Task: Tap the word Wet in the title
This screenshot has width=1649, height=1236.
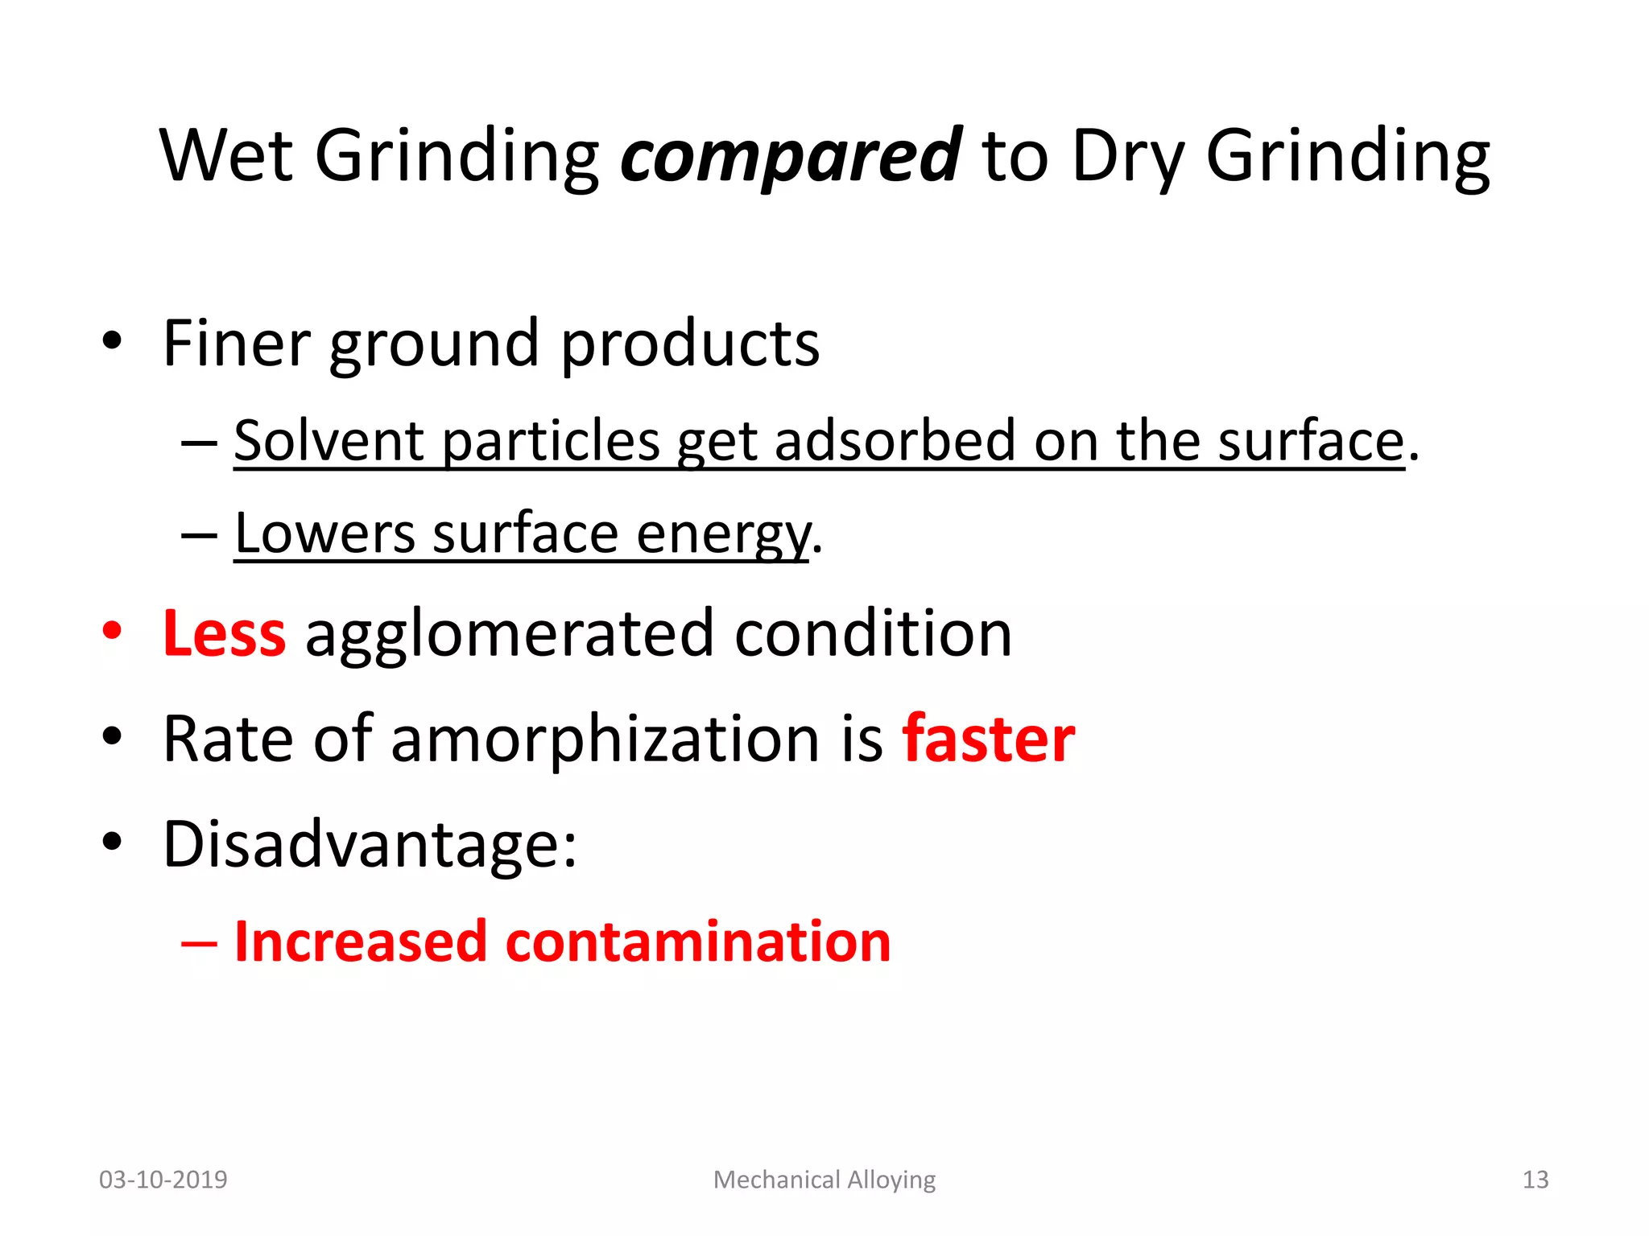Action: coord(226,155)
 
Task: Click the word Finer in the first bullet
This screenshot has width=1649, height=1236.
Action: coord(236,344)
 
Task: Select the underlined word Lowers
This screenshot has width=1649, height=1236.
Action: coord(324,534)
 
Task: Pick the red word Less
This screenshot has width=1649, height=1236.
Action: coord(224,634)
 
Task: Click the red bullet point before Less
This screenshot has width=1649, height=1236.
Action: coord(112,632)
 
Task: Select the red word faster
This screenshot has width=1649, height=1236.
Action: coord(988,739)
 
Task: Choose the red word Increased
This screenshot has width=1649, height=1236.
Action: coord(360,941)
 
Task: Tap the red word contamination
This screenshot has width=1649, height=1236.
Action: coord(697,941)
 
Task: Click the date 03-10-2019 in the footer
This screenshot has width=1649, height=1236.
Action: coord(163,1180)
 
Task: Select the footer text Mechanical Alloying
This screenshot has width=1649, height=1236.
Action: coord(824,1180)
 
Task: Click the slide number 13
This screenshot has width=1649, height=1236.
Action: coord(1535,1180)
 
